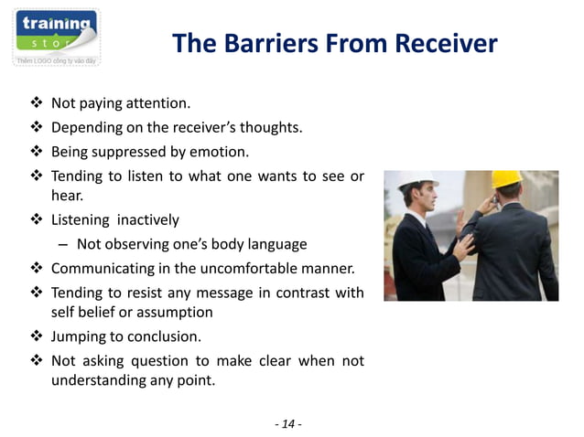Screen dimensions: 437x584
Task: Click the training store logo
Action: point(56,37)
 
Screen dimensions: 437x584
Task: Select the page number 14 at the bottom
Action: point(287,423)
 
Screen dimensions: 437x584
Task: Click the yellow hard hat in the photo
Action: point(504,179)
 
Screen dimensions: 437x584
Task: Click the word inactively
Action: point(147,220)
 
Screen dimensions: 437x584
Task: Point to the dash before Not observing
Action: point(62,245)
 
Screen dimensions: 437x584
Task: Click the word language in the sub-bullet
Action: point(276,245)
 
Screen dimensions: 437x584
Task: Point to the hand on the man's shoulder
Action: point(462,245)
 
